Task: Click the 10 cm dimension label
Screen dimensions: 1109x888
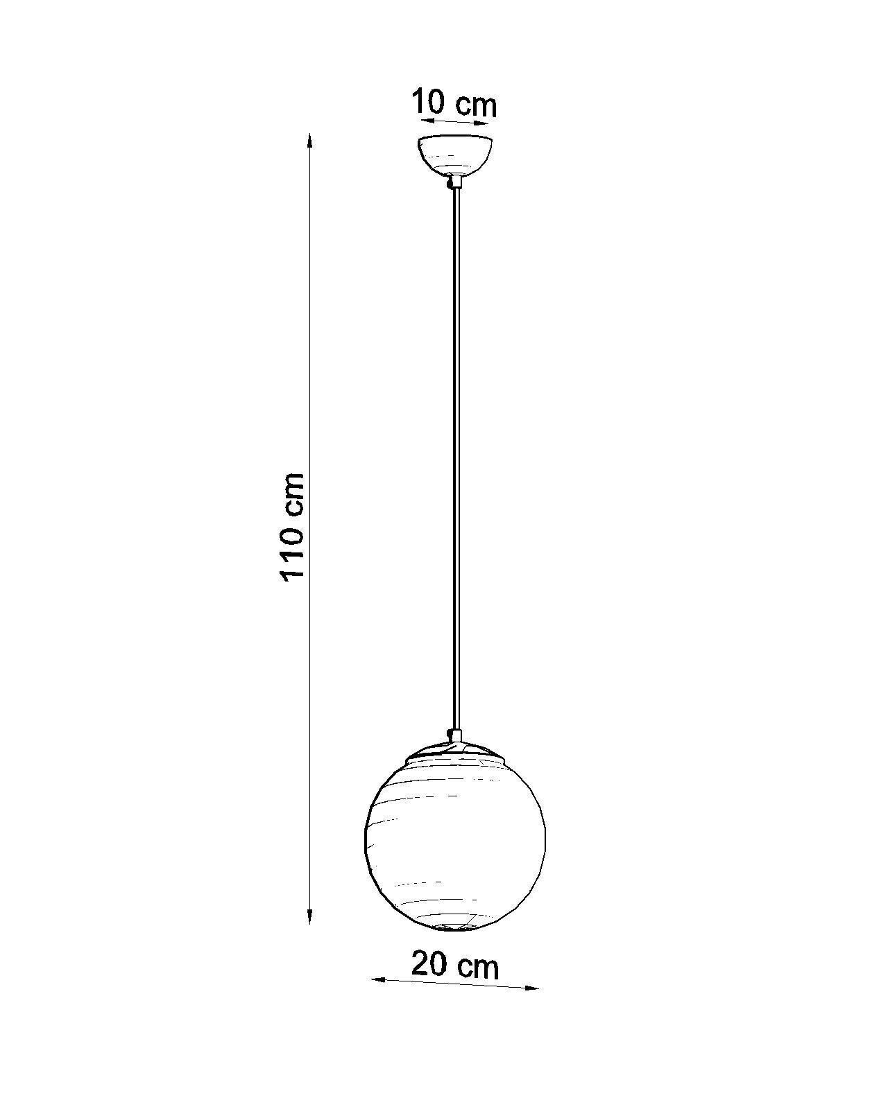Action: point(454,104)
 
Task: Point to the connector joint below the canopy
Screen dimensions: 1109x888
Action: point(454,182)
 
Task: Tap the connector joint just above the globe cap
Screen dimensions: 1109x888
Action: point(454,735)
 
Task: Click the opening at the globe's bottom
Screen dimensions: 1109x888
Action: point(454,926)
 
